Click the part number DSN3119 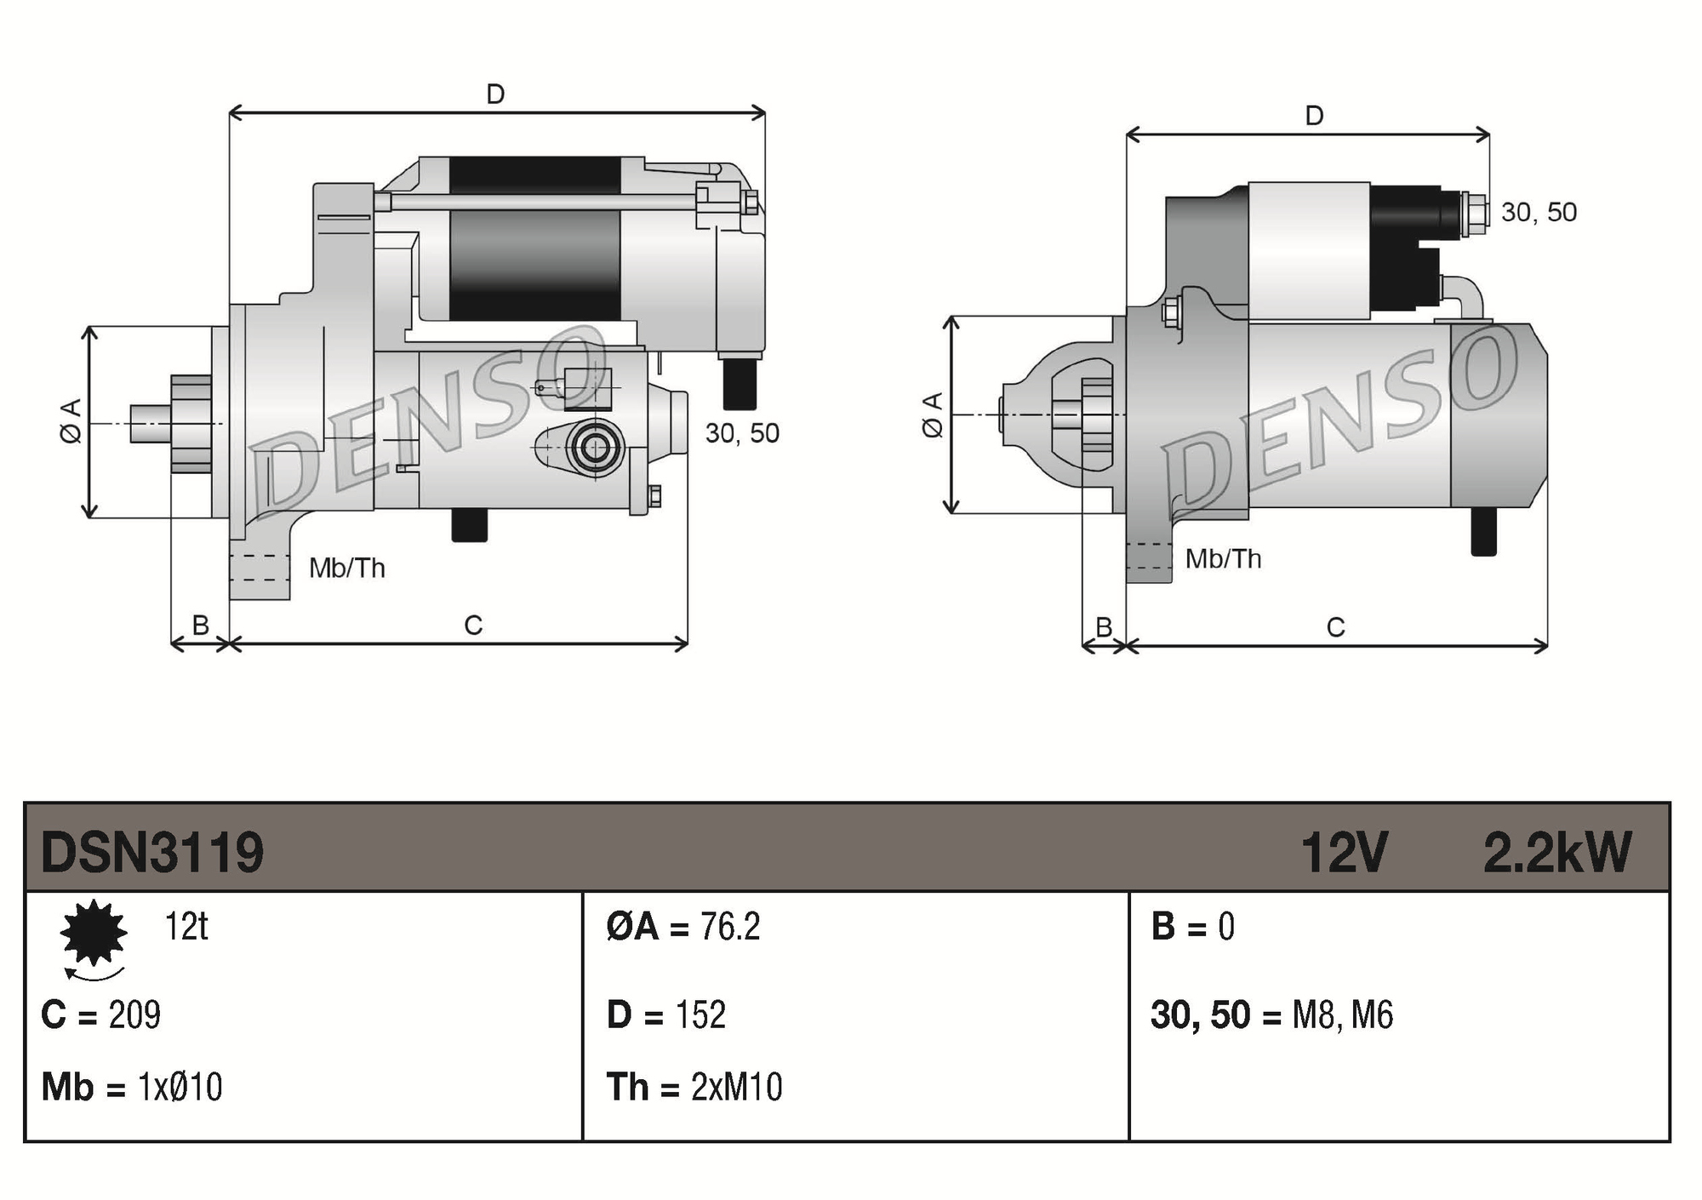(152, 852)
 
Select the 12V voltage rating (1344, 852)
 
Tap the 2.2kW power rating (1556, 852)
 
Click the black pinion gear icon (94, 933)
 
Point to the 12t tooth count (186, 926)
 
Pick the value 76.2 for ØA (729, 926)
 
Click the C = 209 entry (101, 1014)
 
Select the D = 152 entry (666, 1014)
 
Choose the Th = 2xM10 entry (694, 1087)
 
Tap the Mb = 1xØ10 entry (132, 1087)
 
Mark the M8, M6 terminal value (1342, 1014)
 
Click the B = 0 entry (1192, 926)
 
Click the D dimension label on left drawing (495, 94)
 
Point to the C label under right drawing (1335, 628)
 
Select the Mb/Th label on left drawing (346, 568)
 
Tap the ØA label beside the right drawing (933, 414)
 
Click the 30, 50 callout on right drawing (1539, 212)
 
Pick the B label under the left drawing (201, 626)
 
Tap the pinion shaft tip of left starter (145, 424)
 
